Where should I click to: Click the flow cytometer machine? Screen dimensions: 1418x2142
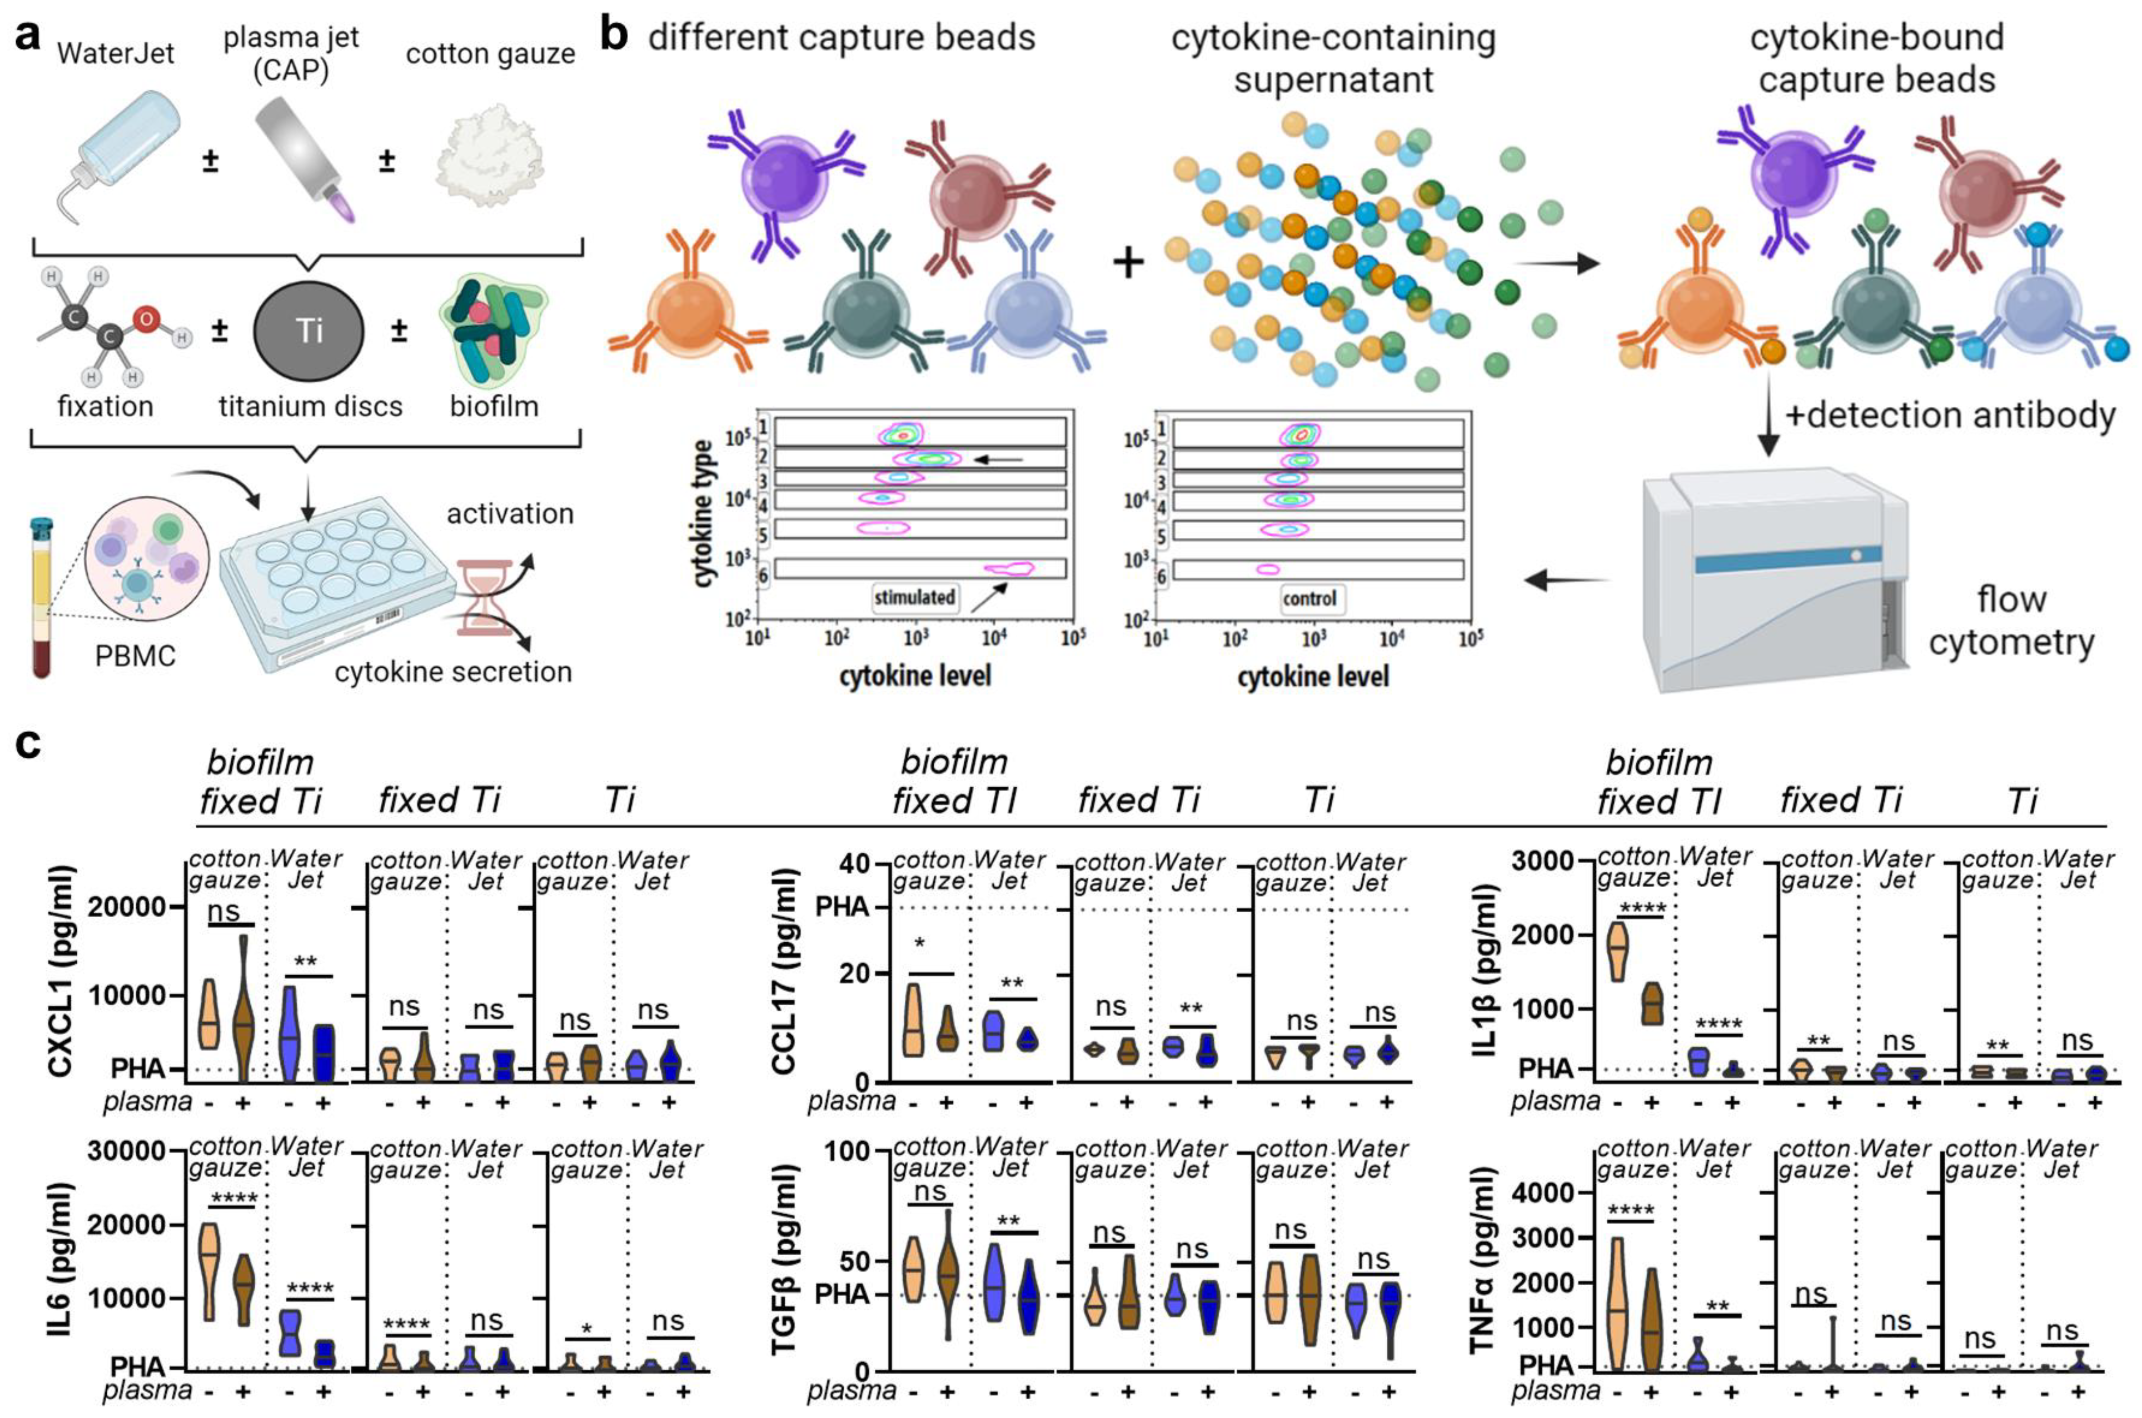[1772, 579]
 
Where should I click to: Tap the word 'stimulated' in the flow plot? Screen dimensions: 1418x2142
[914, 597]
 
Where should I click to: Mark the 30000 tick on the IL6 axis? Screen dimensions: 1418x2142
[126, 1151]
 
